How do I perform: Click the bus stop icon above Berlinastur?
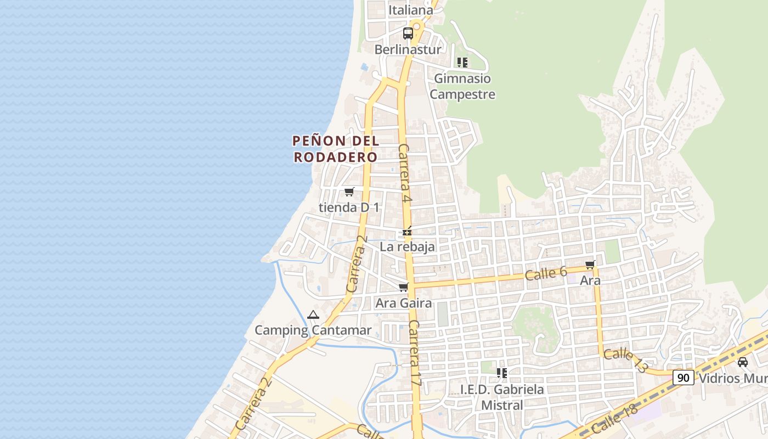(408, 33)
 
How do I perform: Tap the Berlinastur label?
(408, 49)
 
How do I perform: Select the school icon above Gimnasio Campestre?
(462, 63)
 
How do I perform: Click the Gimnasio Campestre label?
(462, 86)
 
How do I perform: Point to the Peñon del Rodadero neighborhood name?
(336, 149)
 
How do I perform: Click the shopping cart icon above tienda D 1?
(349, 192)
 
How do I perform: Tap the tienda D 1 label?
(349, 207)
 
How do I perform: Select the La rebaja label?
(407, 247)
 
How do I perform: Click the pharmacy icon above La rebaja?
(407, 232)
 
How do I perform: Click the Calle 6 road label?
(545, 273)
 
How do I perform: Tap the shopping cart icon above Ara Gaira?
(404, 288)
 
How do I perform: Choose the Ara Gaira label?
(403, 303)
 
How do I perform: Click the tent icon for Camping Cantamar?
(313, 315)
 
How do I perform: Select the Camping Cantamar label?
(313, 330)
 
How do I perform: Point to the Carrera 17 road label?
(415, 354)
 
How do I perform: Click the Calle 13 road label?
(625, 361)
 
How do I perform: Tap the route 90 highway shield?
(683, 378)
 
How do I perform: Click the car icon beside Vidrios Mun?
(743, 362)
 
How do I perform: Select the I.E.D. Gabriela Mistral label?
(502, 397)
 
